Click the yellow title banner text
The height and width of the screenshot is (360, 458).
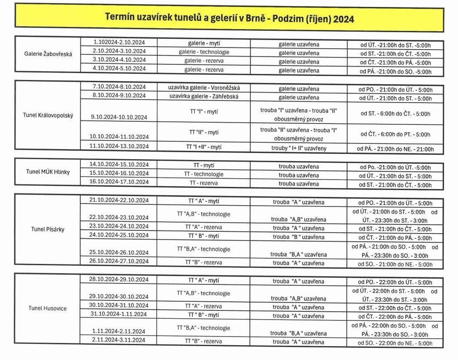coord(229,19)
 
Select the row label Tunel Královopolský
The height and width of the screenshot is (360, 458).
coord(48,115)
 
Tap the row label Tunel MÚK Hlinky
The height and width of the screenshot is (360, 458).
coord(48,172)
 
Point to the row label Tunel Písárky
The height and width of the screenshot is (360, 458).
coord(48,229)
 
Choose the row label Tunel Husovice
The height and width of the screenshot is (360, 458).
coord(48,308)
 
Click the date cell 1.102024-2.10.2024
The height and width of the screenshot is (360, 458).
coord(119,42)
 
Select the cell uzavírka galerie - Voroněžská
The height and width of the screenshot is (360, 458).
coord(204,88)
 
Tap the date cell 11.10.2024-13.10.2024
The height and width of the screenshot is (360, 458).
coord(119,146)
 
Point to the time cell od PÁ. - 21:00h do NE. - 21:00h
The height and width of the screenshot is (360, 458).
coord(395,149)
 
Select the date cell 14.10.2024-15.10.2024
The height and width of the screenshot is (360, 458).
coord(119,164)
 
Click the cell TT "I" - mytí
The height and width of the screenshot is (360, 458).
coord(204,112)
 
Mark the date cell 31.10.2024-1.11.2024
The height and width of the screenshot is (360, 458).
coord(119,314)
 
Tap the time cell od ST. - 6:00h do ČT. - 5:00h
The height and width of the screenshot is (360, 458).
coord(395,113)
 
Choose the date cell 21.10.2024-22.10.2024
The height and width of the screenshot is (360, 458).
coord(119,200)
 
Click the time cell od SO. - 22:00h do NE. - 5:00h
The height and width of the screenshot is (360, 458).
coord(395,343)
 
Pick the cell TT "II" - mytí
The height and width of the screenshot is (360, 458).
coord(204,132)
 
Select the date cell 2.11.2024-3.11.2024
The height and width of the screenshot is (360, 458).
coord(119,340)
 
